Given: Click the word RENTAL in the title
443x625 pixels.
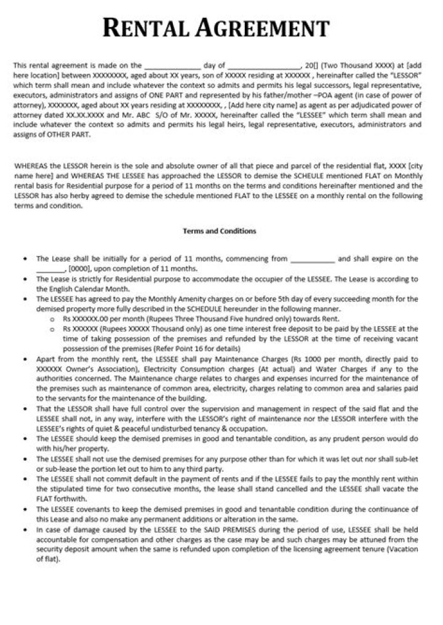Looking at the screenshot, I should [145, 28].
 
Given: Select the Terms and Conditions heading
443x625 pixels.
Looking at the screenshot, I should [219, 231].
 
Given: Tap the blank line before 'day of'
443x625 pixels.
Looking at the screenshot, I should [172, 65].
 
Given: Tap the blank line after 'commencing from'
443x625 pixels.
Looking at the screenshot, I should [312, 260].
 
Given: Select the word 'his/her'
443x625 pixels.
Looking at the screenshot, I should [51, 448].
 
